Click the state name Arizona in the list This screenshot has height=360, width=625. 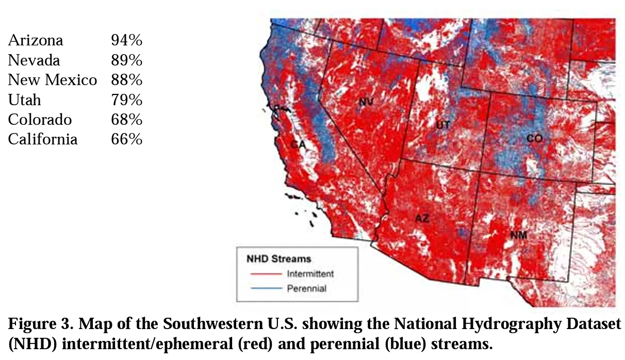[36, 40]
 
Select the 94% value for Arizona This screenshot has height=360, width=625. [126, 40]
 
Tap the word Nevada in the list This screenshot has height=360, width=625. [34, 60]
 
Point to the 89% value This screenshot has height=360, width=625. [126, 60]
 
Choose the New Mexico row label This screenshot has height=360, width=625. [52, 80]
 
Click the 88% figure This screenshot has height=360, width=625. [126, 80]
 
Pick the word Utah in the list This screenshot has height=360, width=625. [24, 100]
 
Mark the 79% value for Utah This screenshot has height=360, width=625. [126, 100]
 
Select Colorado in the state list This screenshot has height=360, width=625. [40, 120]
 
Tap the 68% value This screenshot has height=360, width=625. [126, 120]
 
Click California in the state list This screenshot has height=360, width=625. [42, 139]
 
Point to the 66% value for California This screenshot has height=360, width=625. [126, 139]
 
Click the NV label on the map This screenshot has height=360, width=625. [366, 102]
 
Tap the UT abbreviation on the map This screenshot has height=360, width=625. [443, 125]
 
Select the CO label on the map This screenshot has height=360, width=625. [534, 138]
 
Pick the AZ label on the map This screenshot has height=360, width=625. [422, 218]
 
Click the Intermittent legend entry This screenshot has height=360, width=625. [310, 273]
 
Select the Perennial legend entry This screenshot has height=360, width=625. [306, 288]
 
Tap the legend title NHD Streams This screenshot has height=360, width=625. [278, 258]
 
